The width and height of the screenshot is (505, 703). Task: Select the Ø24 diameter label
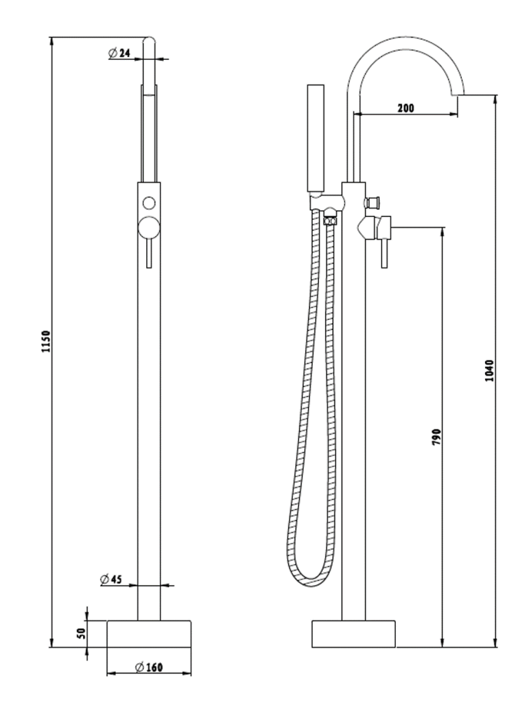click(120, 53)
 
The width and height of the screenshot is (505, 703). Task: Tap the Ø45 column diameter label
click(111, 579)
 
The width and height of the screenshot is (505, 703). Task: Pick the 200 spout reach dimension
click(405, 108)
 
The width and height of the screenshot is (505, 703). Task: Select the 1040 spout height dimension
click(489, 371)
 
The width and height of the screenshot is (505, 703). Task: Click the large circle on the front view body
click(149, 227)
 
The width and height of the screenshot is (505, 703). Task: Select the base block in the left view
click(149, 633)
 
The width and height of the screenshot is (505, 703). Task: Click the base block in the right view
click(354, 633)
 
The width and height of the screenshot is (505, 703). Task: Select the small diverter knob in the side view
click(375, 203)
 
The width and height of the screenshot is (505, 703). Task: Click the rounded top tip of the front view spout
click(150, 41)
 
